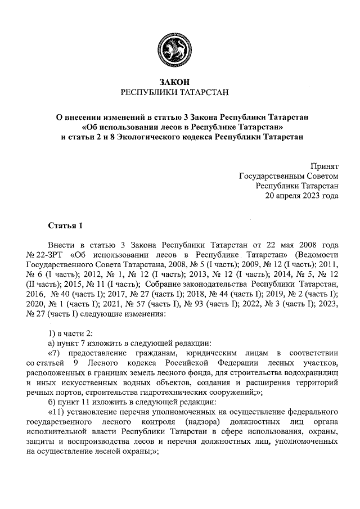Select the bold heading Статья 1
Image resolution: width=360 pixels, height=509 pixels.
click(x=65, y=226)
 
